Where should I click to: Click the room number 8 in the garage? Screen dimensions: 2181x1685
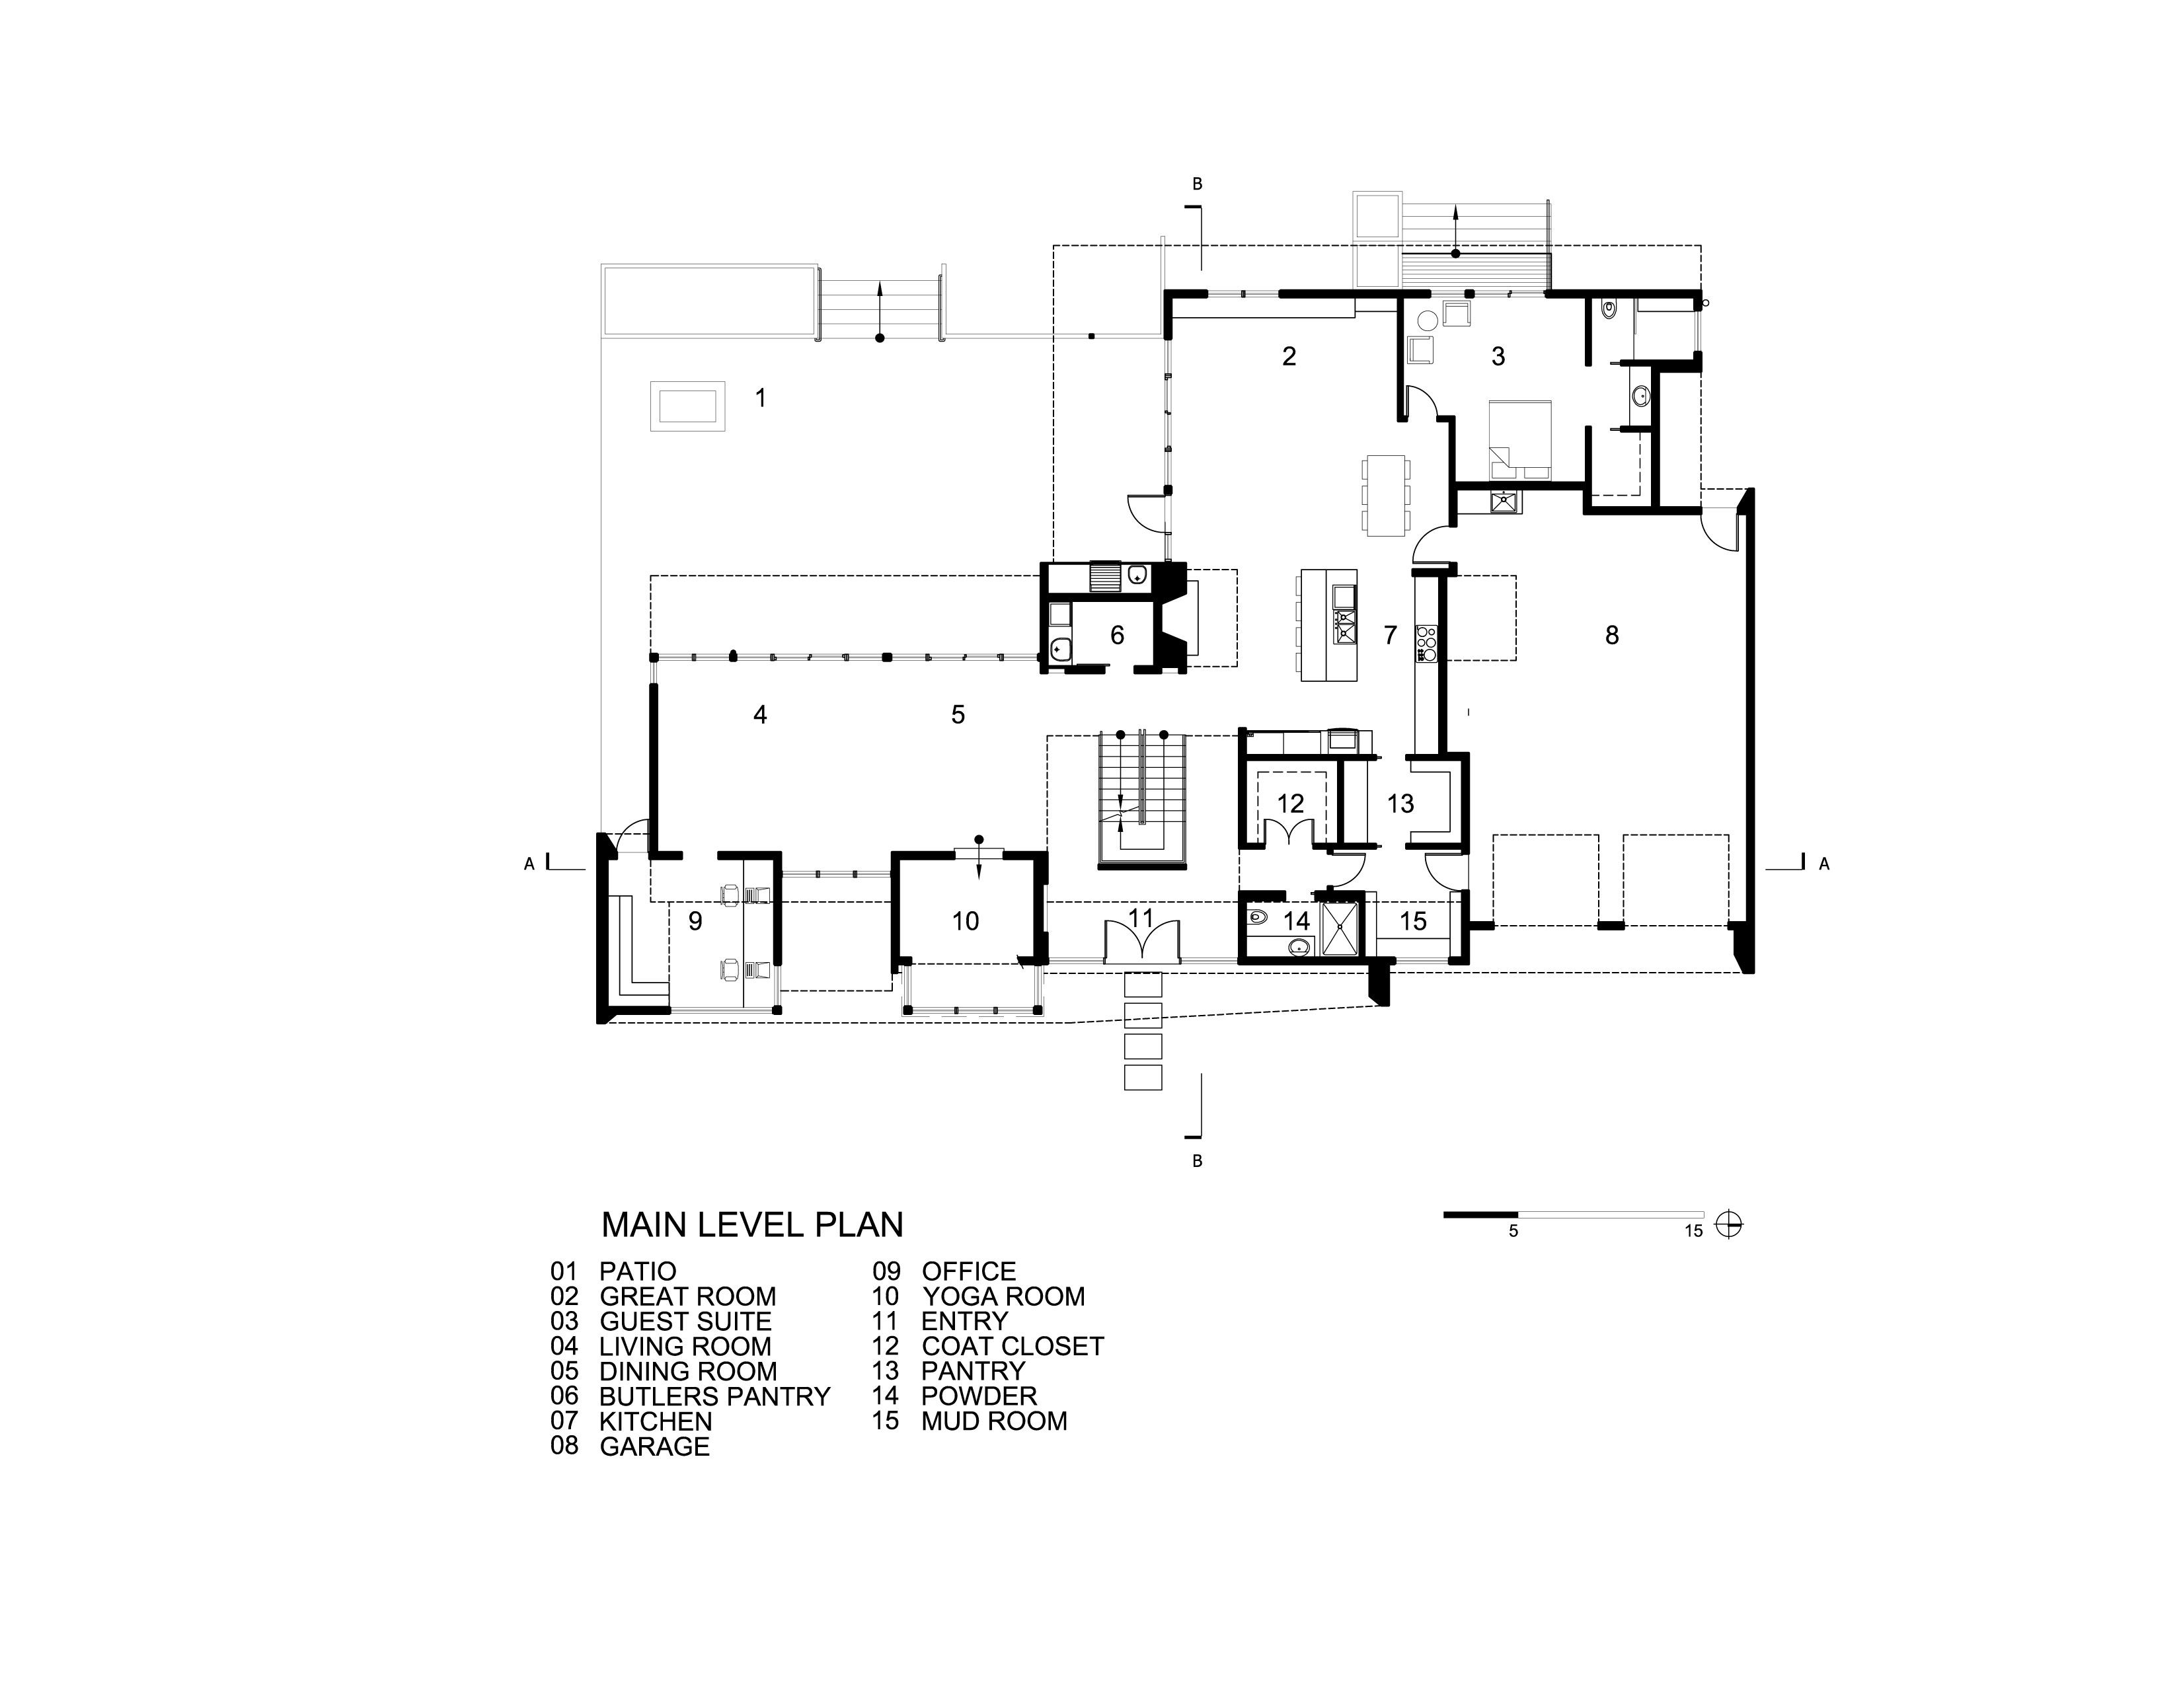1612,635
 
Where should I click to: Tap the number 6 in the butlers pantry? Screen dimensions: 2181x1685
1118,635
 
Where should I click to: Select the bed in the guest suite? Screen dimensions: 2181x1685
1520,440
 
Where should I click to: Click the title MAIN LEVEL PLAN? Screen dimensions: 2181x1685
752,1224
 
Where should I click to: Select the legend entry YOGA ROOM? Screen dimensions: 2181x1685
1003,1296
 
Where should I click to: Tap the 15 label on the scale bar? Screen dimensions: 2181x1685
1694,1231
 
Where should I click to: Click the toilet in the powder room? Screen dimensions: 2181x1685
1257,917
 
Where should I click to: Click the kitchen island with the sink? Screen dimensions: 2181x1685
1329,625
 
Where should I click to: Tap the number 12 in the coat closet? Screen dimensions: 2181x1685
1290,804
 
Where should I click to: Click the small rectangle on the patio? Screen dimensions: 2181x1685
688,406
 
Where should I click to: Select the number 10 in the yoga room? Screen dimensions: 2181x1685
966,920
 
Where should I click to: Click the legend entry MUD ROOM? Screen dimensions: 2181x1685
993,1421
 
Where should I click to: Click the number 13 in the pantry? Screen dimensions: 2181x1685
1400,804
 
